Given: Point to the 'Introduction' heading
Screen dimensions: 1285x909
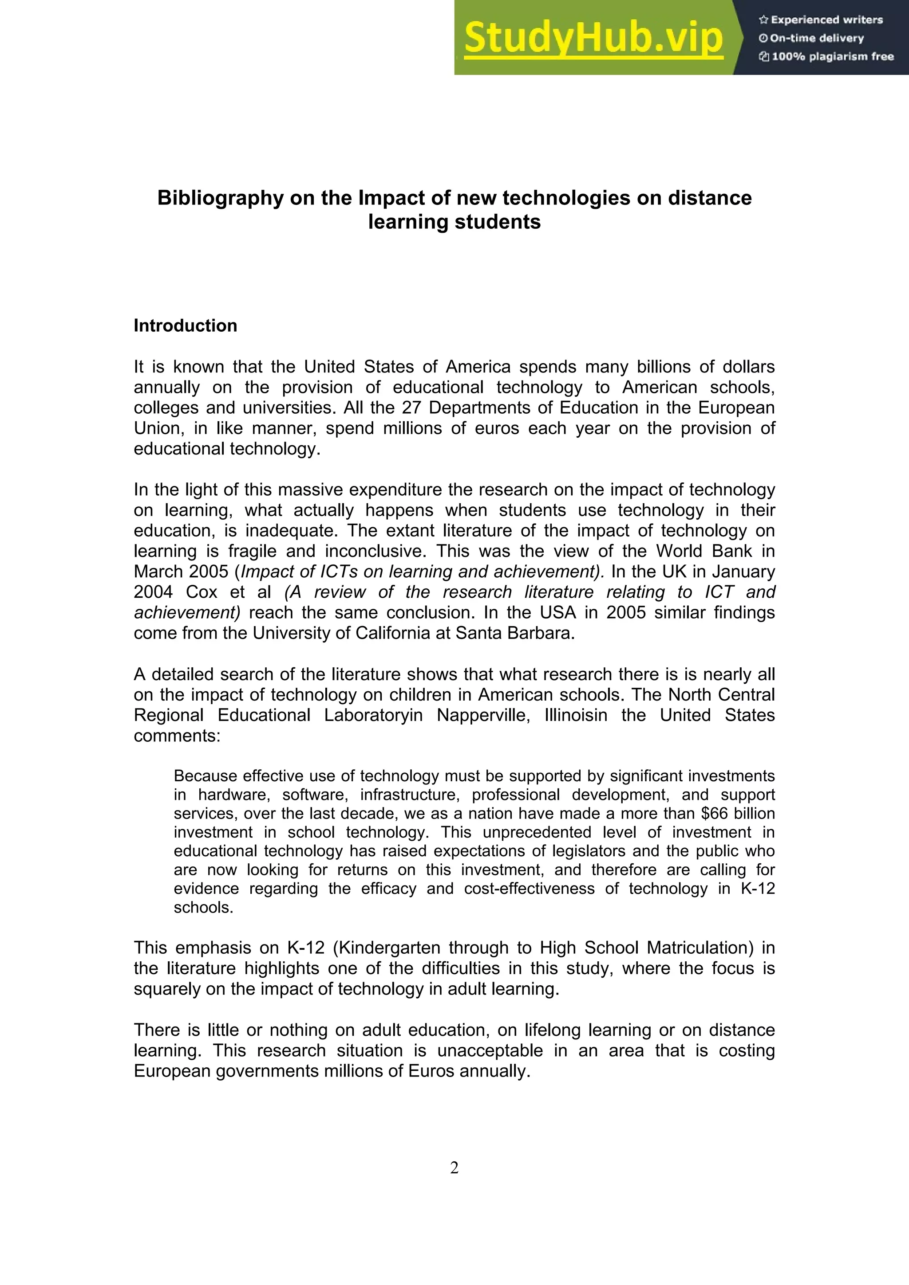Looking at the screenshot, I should pos(186,326).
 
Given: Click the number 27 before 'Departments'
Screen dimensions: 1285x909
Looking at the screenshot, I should pos(411,407).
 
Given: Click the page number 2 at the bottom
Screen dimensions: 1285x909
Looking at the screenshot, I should pos(454,1167).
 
